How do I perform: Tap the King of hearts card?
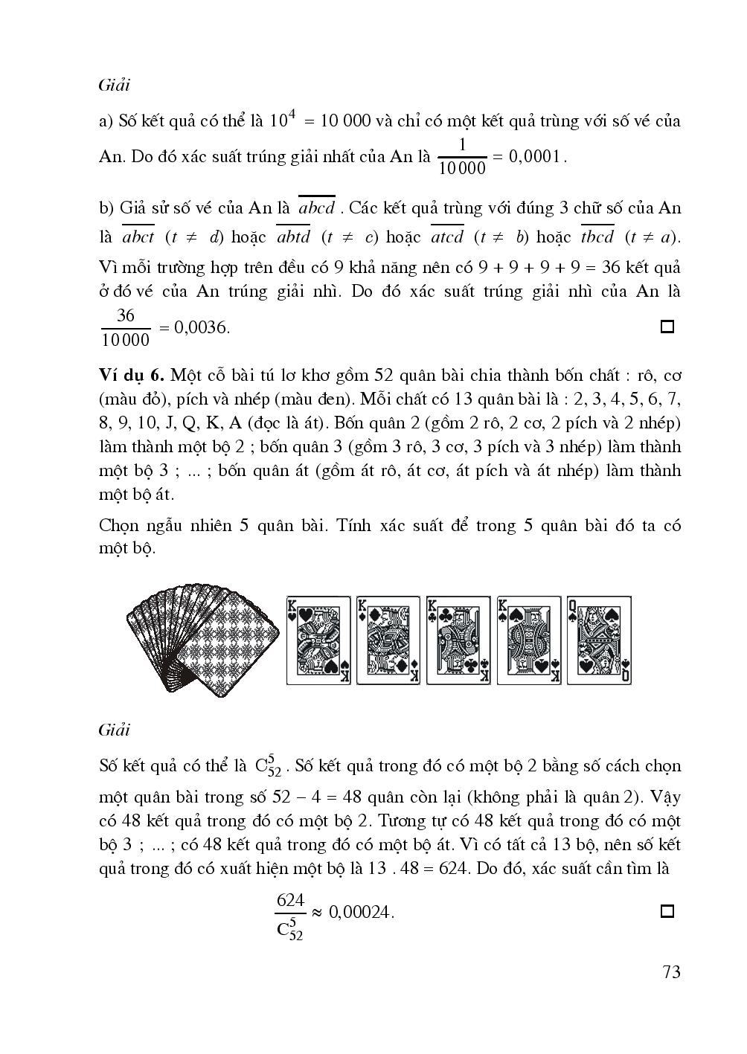coord(318,640)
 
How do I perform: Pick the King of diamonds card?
coord(388,640)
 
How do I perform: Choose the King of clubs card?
coord(458,640)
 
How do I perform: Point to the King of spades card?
coord(528,640)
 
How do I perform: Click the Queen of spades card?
coord(599,640)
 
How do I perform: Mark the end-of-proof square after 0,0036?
coord(667,327)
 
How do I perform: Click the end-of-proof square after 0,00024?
coord(667,911)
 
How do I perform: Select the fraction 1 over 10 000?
coord(462,156)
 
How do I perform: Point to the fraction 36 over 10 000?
coord(125,327)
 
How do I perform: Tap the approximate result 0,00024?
coord(361,912)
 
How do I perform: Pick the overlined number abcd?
coord(316,208)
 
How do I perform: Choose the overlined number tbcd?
coord(597,237)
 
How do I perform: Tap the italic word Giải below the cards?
coord(114,730)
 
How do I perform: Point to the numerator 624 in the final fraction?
coord(290,900)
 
